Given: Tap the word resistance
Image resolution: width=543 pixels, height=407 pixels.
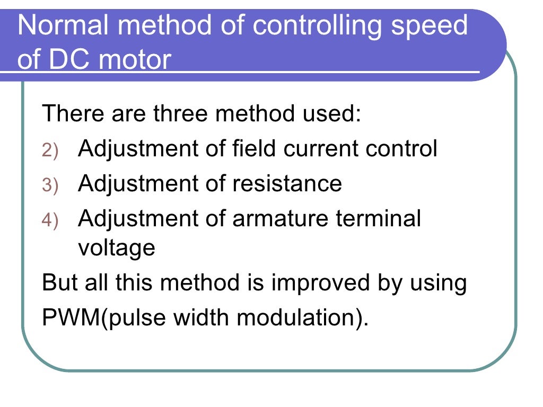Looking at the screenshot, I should tap(286, 183).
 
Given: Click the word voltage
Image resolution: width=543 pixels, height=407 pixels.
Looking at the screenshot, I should tap(117, 248).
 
